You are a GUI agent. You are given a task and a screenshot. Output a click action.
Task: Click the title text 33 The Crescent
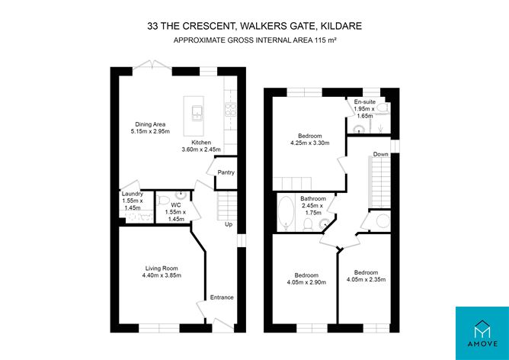[x=254, y=26]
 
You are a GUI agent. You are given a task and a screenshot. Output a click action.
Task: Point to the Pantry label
[x=226, y=172]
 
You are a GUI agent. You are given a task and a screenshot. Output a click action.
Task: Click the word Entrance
[x=222, y=297]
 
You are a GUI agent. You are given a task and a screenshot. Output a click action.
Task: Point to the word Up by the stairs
[x=228, y=224]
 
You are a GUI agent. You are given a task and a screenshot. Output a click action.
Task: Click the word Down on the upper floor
[x=381, y=156]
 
